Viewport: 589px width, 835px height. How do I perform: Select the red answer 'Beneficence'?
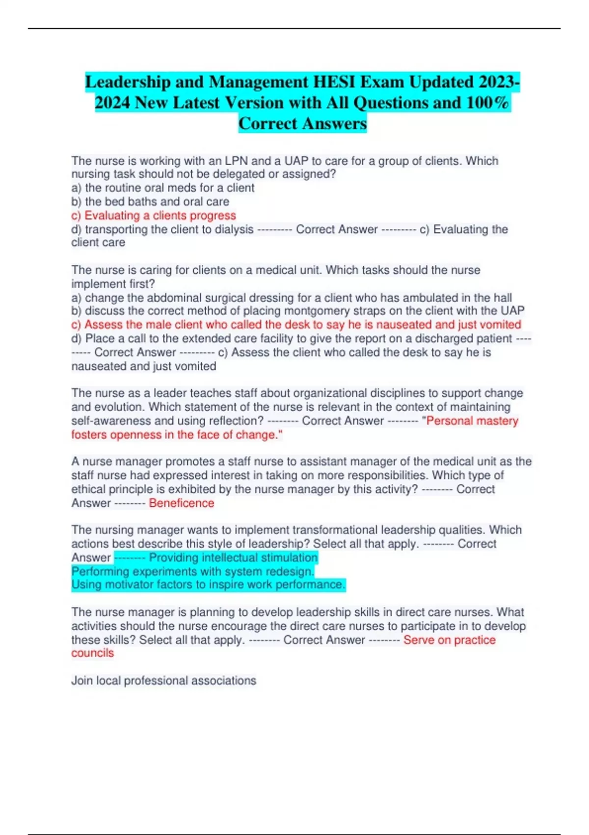pyautogui.click(x=181, y=503)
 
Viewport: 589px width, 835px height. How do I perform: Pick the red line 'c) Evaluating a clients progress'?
pyautogui.click(x=153, y=216)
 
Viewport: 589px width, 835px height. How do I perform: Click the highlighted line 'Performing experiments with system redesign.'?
pyautogui.click(x=192, y=571)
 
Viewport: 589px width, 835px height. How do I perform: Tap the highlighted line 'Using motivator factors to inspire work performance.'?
pyautogui.click(x=208, y=584)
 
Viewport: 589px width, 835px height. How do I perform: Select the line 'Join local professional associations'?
pyautogui.click(x=163, y=681)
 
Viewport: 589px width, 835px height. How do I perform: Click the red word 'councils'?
pyautogui.click(x=92, y=653)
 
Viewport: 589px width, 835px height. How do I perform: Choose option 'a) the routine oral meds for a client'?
pyautogui.click(x=162, y=188)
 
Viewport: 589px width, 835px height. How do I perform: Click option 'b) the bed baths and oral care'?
pyautogui.click(x=150, y=202)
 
